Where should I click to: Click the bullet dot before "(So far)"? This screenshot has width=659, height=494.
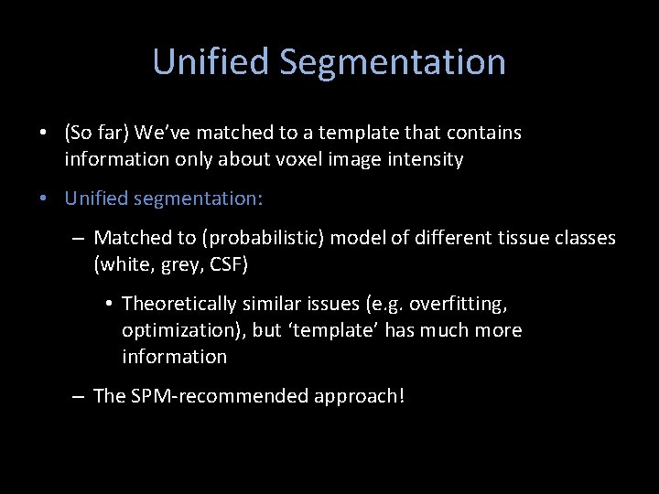coord(44,134)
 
